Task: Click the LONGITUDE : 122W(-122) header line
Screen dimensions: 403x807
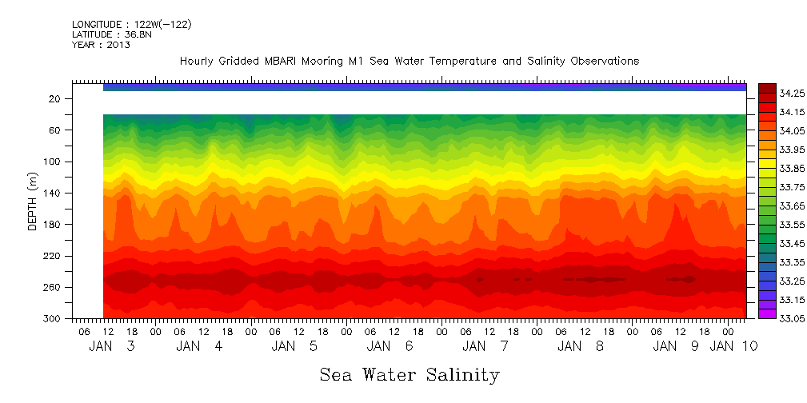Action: [131, 25]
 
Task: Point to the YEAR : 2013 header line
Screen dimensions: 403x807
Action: [101, 45]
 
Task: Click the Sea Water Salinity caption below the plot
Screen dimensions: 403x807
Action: [409, 375]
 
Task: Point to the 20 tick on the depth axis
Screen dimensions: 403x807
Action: [55, 99]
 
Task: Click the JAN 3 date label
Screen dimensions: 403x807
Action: [111, 346]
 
